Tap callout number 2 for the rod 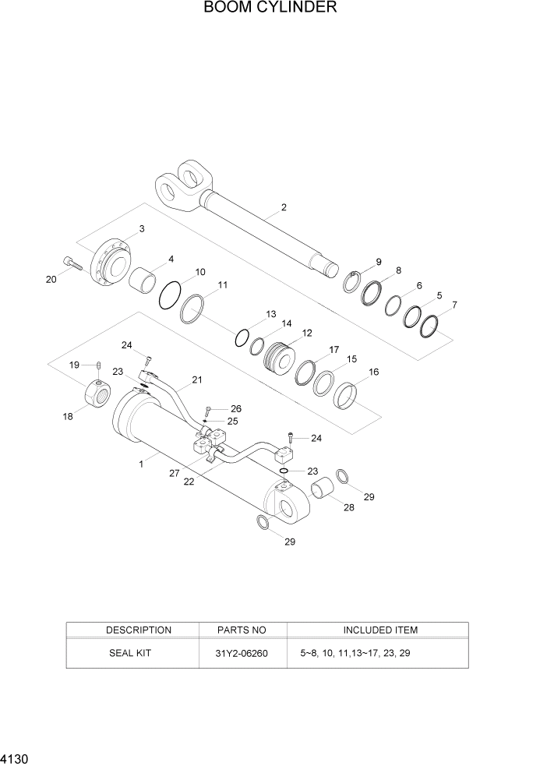pyautogui.click(x=284, y=207)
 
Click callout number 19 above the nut pyautogui.click(x=75, y=365)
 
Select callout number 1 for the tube pyautogui.click(x=140, y=464)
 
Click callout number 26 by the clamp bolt pyautogui.click(x=236, y=408)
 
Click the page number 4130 pyautogui.click(x=13, y=757)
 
